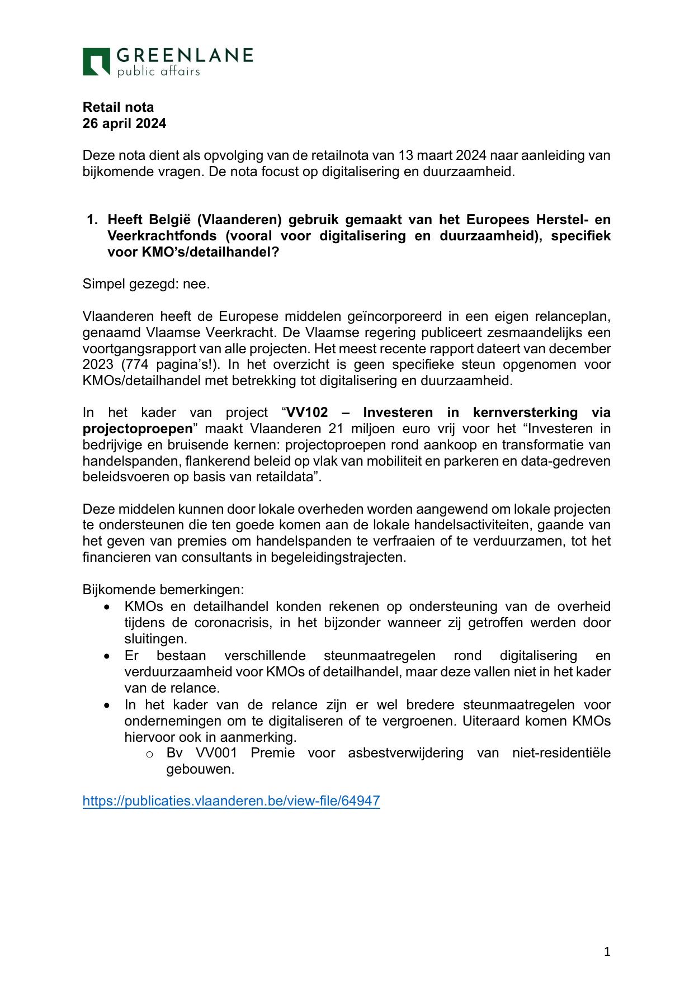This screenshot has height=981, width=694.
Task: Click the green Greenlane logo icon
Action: [x=96, y=61]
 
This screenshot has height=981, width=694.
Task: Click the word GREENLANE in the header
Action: [x=185, y=55]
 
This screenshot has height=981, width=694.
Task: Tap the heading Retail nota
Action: [x=118, y=107]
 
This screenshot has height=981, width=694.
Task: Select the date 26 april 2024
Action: [x=124, y=124]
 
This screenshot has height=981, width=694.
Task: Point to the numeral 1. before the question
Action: [x=92, y=220]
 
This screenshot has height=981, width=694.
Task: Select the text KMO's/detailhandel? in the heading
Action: [x=193, y=252]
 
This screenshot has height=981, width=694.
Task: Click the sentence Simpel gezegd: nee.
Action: [x=146, y=284]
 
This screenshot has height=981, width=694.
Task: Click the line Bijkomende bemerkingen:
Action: [x=163, y=590]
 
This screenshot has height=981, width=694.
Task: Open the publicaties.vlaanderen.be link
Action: [x=231, y=801]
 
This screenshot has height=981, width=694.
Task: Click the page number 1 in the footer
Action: [x=607, y=951]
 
